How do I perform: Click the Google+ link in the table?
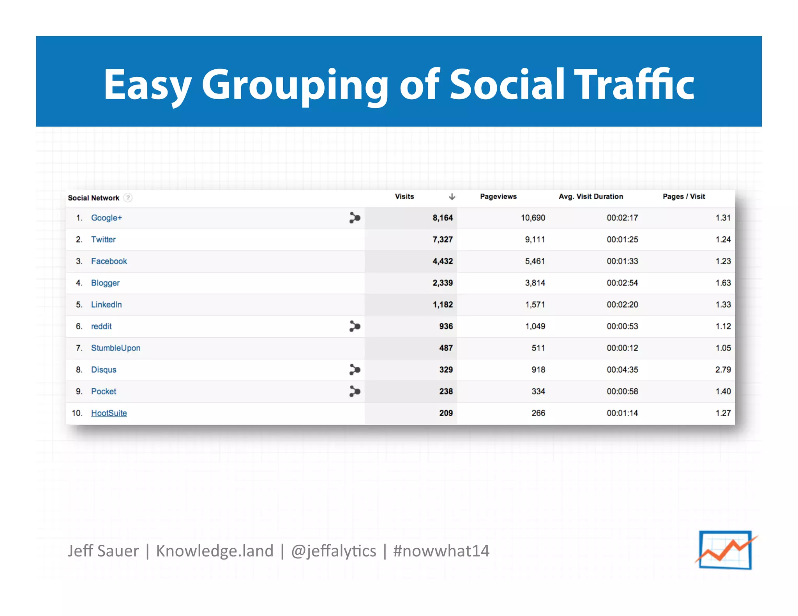(x=106, y=218)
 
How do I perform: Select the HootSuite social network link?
(x=109, y=413)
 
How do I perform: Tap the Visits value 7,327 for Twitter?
(x=443, y=239)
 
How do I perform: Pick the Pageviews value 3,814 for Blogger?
(x=535, y=283)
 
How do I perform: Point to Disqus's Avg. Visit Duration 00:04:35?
(x=622, y=370)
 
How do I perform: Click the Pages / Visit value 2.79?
(x=723, y=370)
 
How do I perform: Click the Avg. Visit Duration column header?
(x=591, y=197)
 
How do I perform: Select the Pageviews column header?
(x=498, y=197)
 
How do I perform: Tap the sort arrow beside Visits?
(x=452, y=197)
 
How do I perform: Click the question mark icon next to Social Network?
(x=128, y=198)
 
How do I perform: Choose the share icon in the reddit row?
(x=355, y=326)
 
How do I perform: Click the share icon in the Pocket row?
(x=355, y=391)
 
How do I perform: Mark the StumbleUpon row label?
(x=116, y=348)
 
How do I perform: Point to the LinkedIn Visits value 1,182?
(x=443, y=305)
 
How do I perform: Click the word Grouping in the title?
(x=295, y=85)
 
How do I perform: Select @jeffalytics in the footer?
(x=334, y=551)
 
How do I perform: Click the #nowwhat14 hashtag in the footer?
(x=441, y=551)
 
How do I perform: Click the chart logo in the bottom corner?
(x=726, y=550)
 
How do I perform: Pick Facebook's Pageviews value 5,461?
(x=535, y=261)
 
